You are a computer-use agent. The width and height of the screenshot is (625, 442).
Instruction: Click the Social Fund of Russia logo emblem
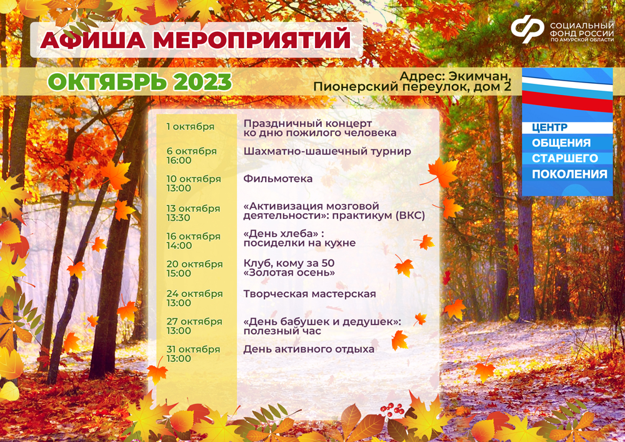[527, 29]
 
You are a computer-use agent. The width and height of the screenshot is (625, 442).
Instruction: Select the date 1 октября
[191, 127]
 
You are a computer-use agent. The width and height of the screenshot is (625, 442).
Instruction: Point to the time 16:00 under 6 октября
[179, 160]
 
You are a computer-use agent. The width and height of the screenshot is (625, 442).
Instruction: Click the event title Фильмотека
[278, 179]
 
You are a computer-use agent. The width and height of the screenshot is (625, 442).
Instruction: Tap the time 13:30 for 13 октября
[179, 218]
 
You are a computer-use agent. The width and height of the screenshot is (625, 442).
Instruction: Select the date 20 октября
[194, 264]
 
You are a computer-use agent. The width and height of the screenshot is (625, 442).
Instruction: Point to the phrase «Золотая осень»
[289, 273]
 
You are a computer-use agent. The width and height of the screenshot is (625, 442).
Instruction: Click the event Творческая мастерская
[310, 294]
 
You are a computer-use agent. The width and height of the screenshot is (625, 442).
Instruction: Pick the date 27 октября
[194, 321]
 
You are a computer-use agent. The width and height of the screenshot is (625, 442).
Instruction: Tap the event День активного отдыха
[309, 349]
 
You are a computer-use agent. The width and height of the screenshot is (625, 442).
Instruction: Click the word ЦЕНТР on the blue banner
[549, 128]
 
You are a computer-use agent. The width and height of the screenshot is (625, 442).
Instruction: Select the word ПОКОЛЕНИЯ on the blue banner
[569, 174]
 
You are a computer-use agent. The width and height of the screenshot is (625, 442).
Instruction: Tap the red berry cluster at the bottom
[392, 409]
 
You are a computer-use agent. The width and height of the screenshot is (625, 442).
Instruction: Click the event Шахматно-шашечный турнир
[327, 151]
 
